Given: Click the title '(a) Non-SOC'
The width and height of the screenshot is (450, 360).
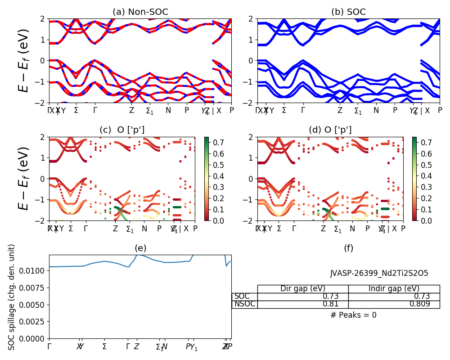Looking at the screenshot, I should click(140, 12).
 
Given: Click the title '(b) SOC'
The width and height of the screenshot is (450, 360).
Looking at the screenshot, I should click(348, 12).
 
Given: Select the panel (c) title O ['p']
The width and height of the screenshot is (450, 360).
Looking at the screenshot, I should click(122, 130).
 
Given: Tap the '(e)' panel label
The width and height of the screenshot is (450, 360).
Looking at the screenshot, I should click(140, 248).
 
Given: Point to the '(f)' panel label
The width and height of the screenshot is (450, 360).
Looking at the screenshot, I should click(348, 248).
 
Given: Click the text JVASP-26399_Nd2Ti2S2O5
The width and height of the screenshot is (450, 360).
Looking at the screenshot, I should click(379, 273).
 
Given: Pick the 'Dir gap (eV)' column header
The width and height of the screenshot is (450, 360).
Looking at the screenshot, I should click(302, 289).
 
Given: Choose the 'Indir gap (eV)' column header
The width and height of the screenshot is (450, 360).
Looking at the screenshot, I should click(394, 289).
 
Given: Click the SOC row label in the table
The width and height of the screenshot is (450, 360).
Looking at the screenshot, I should click(242, 297).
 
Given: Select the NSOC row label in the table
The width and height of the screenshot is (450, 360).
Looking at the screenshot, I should click(244, 304).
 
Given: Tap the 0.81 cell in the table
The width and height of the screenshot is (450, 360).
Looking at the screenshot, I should click(330, 304).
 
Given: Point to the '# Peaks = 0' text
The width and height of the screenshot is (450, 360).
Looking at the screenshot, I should click(353, 315).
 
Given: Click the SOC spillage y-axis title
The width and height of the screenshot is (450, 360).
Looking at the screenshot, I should click(12, 297).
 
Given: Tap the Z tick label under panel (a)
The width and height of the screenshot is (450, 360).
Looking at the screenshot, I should click(131, 110).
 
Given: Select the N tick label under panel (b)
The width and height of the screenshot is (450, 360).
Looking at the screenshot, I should click(376, 110).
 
